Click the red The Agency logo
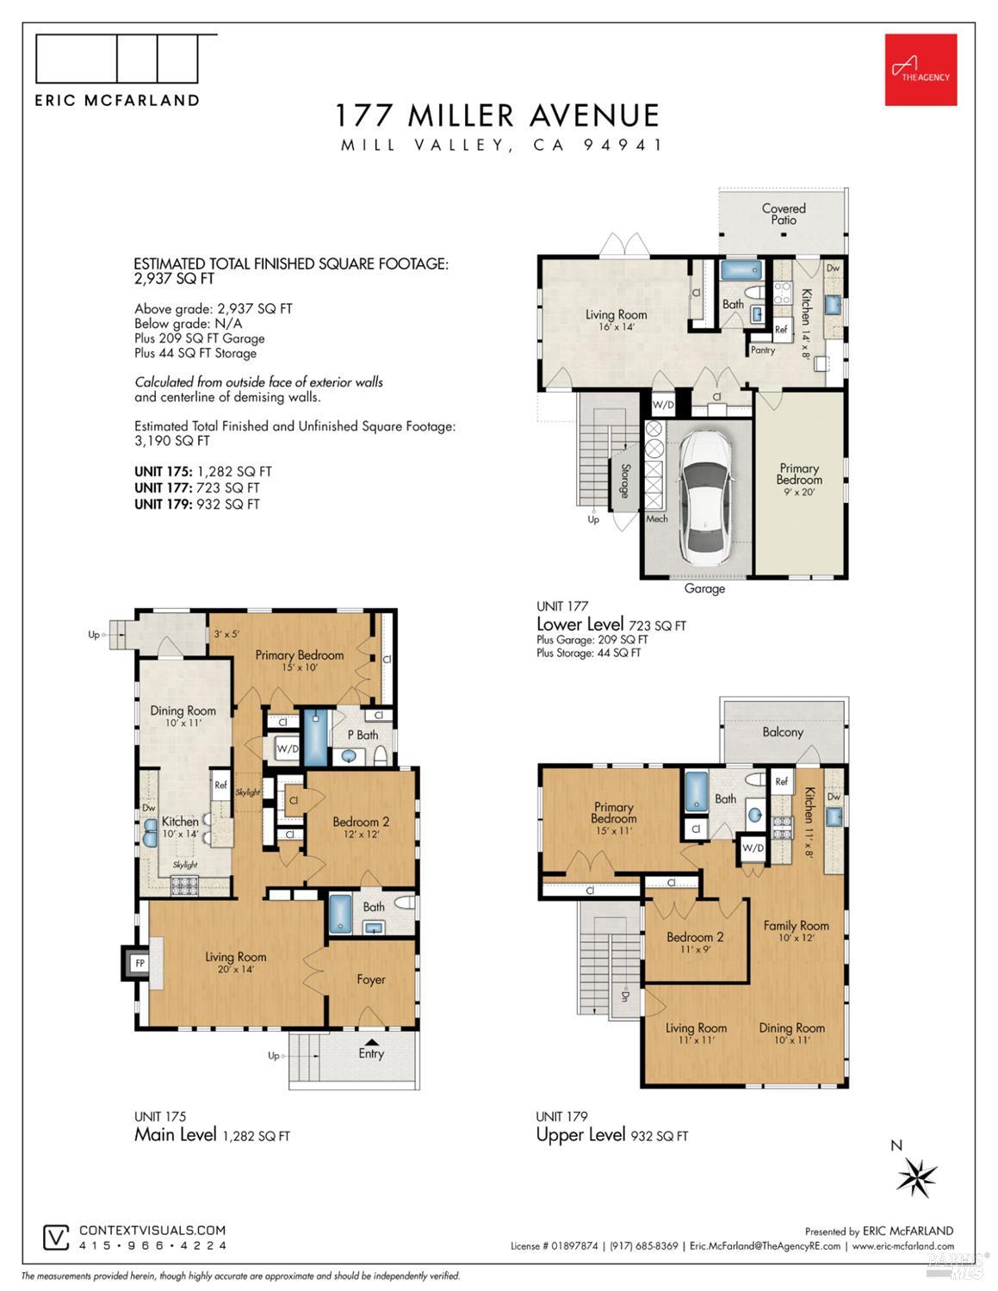pyautogui.click(x=921, y=70)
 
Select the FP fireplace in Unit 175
pyautogui.click(x=138, y=962)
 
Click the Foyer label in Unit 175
pyautogui.click(x=371, y=979)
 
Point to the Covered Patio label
pyautogui.click(x=784, y=214)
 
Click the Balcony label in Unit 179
pyautogui.click(x=782, y=732)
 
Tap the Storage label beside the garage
pyautogui.click(x=623, y=481)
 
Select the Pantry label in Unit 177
pyautogui.click(x=762, y=350)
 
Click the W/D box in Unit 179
pyautogui.click(x=752, y=847)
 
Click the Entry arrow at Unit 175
pyautogui.click(x=370, y=1040)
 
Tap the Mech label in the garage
pyautogui.click(x=656, y=518)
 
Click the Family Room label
pyautogui.click(x=796, y=926)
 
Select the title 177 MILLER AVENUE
pyautogui.click(x=498, y=115)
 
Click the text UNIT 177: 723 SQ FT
pyautogui.click(x=196, y=487)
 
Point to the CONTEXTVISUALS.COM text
pyautogui.click(x=152, y=1231)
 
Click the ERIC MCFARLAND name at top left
pyautogui.click(x=117, y=100)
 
